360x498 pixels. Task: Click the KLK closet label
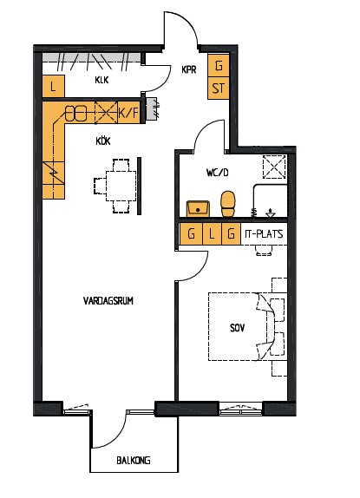click(x=101, y=80)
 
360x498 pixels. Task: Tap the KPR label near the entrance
click(x=189, y=69)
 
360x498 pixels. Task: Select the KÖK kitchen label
click(x=103, y=141)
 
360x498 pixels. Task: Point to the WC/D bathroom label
click(x=218, y=173)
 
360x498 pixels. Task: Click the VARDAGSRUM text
click(x=108, y=301)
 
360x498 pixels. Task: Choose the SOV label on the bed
click(x=238, y=328)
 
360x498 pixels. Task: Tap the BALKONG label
click(x=134, y=460)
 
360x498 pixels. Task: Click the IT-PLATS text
click(x=264, y=234)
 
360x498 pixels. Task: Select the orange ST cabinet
click(x=219, y=88)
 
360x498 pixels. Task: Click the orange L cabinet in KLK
click(x=53, y=86)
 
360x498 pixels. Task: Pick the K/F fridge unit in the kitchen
click(x=128, y=113)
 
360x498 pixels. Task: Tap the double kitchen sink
click(x=76, y=113)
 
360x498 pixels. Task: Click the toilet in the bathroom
click(x=228, y=204)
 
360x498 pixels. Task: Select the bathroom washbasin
click(x=198, y=209)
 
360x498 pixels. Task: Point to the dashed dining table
click(x=121, y=186)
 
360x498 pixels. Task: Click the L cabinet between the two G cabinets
click(x=212, y=234)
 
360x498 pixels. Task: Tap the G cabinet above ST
click(x=219, y=66)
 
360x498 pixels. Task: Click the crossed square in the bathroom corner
click(x=275, y=167)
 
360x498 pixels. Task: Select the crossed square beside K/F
click(x=107, y=113)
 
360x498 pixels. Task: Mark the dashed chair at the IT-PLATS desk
click(x=264, y=250)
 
